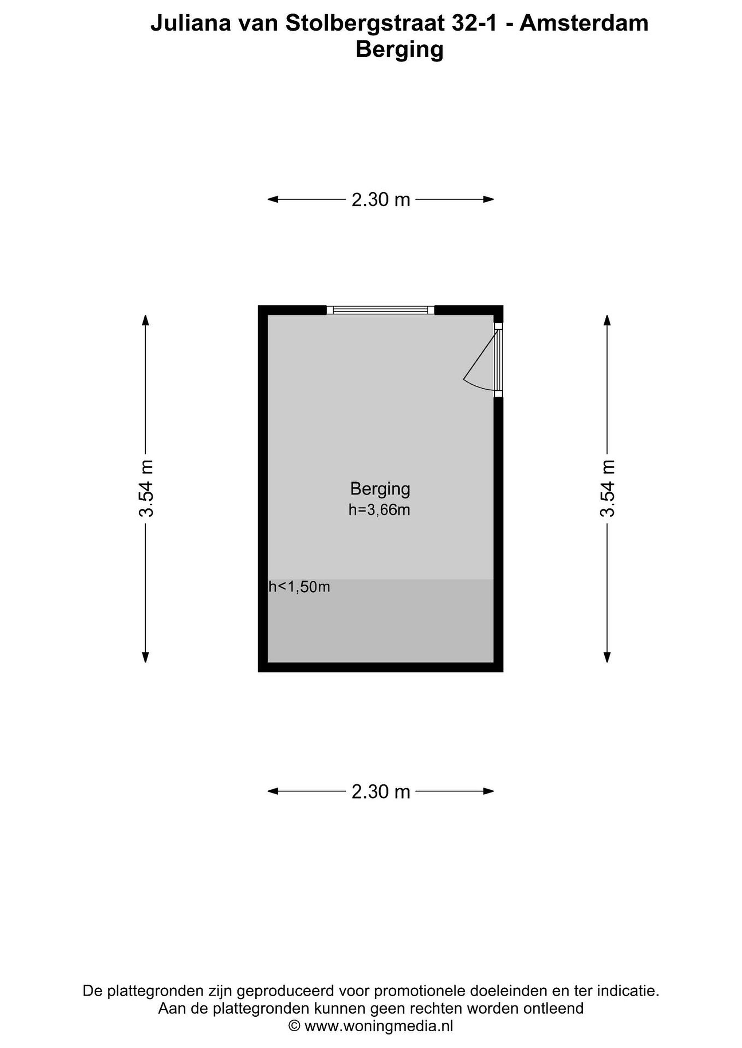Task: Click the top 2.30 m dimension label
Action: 381,199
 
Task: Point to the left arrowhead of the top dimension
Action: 273,199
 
